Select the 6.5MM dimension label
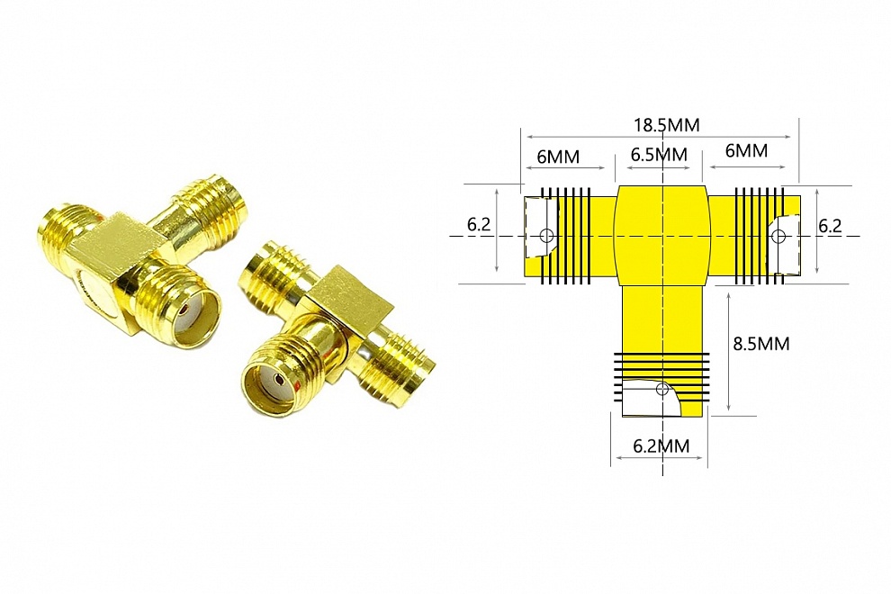(x=659, y=154)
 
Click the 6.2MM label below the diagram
(x=661, y=444)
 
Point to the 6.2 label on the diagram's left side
(x=479, y=224)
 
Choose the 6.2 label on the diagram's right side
(x=830, y=225)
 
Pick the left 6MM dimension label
(x=558, y=156)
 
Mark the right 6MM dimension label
(x=746, y=151)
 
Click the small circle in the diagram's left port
(x=545, y=236)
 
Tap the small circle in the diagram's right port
(x=779, y=236)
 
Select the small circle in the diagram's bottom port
(x=663, y=389)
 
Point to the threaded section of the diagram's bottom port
(x=661, y=369)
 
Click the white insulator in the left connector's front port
(x=188, y=314)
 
